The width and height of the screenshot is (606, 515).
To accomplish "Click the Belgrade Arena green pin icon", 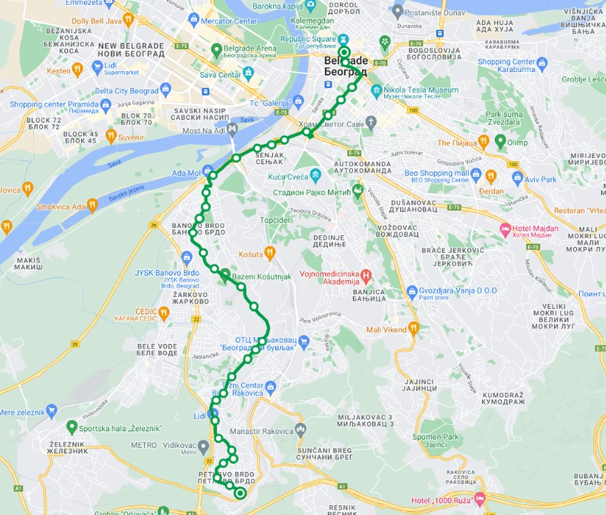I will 217,49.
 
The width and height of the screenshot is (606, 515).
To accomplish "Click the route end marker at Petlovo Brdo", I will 240,493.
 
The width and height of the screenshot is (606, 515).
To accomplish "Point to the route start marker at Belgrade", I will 344,52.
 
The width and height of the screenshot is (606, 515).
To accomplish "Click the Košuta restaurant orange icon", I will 269,252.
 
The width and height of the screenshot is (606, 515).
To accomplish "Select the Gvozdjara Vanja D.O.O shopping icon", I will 411,291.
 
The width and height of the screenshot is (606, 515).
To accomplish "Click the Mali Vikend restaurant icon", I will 413,328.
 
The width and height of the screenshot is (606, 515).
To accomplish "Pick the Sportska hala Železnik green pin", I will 71,427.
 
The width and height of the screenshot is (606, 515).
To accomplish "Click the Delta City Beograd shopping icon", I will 166,89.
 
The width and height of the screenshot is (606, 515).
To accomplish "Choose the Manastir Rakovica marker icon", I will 300,430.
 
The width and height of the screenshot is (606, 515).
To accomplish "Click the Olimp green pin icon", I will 500,141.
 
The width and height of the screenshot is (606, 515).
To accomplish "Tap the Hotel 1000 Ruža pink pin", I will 478,499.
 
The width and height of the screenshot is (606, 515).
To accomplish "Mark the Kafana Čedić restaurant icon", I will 164,312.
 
